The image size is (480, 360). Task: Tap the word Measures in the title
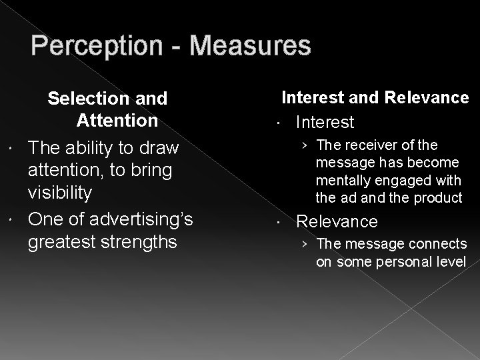[x=250, y=46]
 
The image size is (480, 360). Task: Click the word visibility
[x=69, y=193]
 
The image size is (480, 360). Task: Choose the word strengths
[x=140, y=240]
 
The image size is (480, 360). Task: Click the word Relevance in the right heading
[x=427, y=98]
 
